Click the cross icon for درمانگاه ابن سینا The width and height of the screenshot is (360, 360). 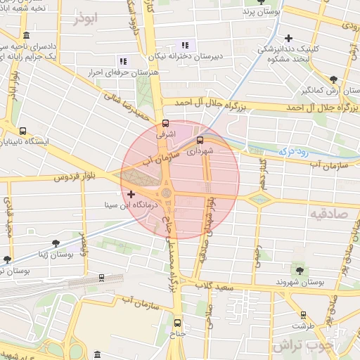click(x=131, y=193)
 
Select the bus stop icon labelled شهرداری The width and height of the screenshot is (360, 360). click(x=200, y=139)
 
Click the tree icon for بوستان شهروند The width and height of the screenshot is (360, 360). click(x=300, y=269)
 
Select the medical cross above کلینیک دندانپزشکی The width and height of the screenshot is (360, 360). click(x=288, y=38)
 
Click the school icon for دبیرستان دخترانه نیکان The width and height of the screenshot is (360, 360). click(x=185, y=45)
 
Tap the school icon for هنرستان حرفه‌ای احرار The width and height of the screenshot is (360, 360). click(x=124, y=61)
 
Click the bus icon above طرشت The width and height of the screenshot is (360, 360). click(x=304, y=315)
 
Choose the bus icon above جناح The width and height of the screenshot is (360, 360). click(x=177, y=323)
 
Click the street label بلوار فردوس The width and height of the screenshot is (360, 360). click(x=75, y=176)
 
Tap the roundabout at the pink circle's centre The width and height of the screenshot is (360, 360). click(x=167, y=192)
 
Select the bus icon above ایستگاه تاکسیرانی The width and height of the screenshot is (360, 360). click(x=23, y=130)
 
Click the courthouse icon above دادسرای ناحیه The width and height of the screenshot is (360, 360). click(x=26, y=36)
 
